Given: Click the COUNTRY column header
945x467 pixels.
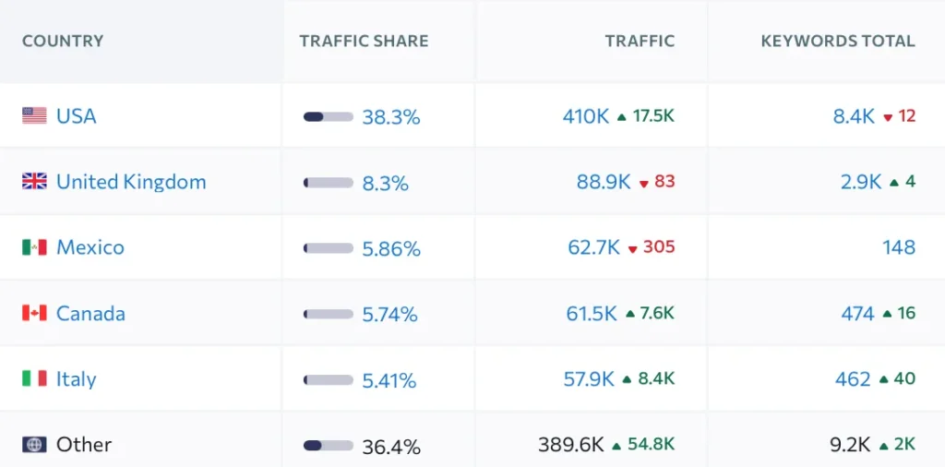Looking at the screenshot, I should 63,42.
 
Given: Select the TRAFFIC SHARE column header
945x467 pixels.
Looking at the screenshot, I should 364,42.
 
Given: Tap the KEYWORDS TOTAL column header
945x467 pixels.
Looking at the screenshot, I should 838,42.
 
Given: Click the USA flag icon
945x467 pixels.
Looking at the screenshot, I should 34,116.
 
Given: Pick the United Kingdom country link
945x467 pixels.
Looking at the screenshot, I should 131,182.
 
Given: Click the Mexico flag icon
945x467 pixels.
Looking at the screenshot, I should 34,247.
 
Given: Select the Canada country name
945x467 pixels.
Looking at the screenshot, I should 90,314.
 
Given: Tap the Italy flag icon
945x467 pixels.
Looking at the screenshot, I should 34,379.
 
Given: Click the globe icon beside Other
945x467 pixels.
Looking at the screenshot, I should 34,445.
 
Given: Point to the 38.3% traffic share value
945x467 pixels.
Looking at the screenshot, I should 391,117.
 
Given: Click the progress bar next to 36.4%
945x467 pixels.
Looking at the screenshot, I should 328,446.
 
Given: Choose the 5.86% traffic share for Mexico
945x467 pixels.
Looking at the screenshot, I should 391,248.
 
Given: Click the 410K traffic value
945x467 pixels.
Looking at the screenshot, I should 586,116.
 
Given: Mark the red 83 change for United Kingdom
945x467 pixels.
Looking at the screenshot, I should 664,182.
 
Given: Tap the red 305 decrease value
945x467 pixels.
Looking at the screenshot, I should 659,247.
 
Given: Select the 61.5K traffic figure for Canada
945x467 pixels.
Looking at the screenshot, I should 592,314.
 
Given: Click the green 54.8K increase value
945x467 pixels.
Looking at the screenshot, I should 651,445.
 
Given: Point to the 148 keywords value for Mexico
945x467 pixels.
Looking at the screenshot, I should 898,247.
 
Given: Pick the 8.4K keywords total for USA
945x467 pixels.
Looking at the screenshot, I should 854,116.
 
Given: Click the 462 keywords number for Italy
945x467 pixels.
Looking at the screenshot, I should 853,379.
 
